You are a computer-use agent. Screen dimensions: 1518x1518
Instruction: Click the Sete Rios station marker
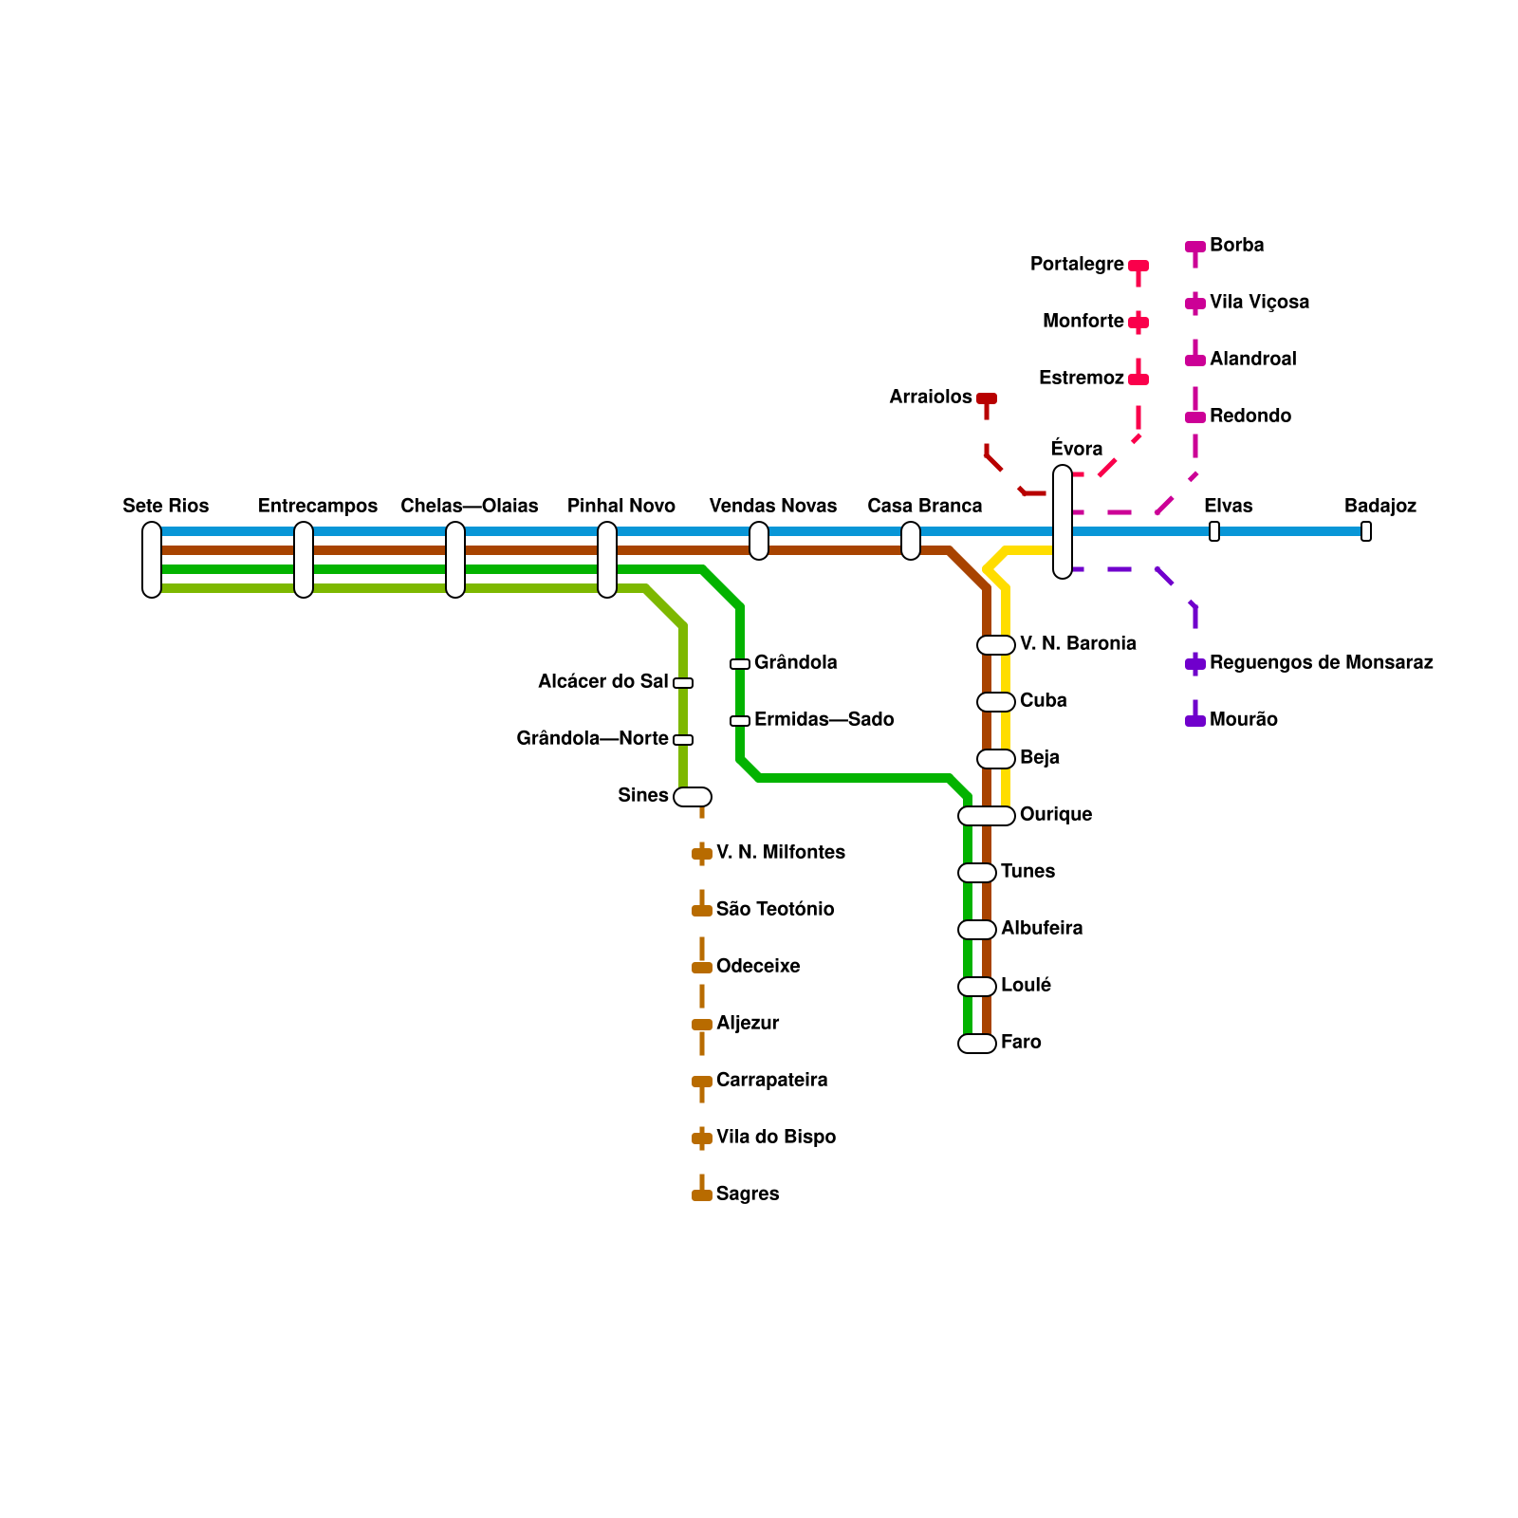(x=152, y=560)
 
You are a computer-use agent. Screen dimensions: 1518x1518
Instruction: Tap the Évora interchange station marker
(x=1063, y=522)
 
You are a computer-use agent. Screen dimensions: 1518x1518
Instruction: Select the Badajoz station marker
(x=1366, y=531)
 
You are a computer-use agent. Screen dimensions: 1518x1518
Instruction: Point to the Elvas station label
(x=1229, y=506)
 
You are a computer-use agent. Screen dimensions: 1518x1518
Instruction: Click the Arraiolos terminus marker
(x=987, y=398)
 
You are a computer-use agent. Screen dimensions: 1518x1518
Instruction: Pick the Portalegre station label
(x=1077, y=264)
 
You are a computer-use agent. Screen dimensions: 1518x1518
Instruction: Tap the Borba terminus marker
(x=1195, y=247)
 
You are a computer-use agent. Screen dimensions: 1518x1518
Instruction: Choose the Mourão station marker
(x=1195, y=721)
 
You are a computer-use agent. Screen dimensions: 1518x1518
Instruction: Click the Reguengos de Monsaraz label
(x=1322, y=662)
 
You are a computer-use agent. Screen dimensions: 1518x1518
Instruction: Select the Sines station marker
(x=693, y=797)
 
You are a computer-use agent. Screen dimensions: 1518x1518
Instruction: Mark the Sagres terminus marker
(x=702, y=1195)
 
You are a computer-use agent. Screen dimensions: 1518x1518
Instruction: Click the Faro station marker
(x=977, y=1044)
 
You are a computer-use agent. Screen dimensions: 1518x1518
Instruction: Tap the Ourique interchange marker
(x=987, y=816)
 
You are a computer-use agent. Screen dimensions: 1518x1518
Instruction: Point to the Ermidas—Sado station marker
(x=740, y=721)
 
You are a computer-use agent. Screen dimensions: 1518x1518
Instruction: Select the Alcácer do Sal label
(x=603, y=681)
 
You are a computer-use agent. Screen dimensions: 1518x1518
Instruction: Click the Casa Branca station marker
(x=911, y=541)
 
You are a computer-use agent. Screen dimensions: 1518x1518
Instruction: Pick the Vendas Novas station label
(x=773, y=506)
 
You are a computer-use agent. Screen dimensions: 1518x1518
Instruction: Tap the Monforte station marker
(x=1138, y=323)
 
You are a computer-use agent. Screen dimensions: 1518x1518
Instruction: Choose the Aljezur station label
(x=748, y=1023)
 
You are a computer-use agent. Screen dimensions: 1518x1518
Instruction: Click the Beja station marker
(x=996, y=759)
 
